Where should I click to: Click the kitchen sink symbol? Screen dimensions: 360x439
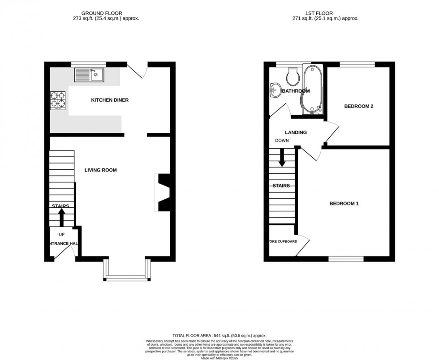pos(90,75)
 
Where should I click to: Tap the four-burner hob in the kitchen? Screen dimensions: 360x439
pos(57,100)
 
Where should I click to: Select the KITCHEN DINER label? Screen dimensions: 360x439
pos(110,100)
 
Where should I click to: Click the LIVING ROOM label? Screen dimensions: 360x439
pos(101,170)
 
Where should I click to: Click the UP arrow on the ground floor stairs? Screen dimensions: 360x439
pos(61,218)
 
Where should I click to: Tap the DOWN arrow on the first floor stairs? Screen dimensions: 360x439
pos(282,157)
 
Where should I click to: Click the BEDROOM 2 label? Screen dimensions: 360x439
pos(358,107)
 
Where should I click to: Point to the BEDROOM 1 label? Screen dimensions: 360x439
pos(344,203)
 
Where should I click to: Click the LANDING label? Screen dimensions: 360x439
pos(296,132)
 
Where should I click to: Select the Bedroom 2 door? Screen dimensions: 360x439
pos(332,133)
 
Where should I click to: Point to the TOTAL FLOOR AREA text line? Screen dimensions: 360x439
pos(219,335)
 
